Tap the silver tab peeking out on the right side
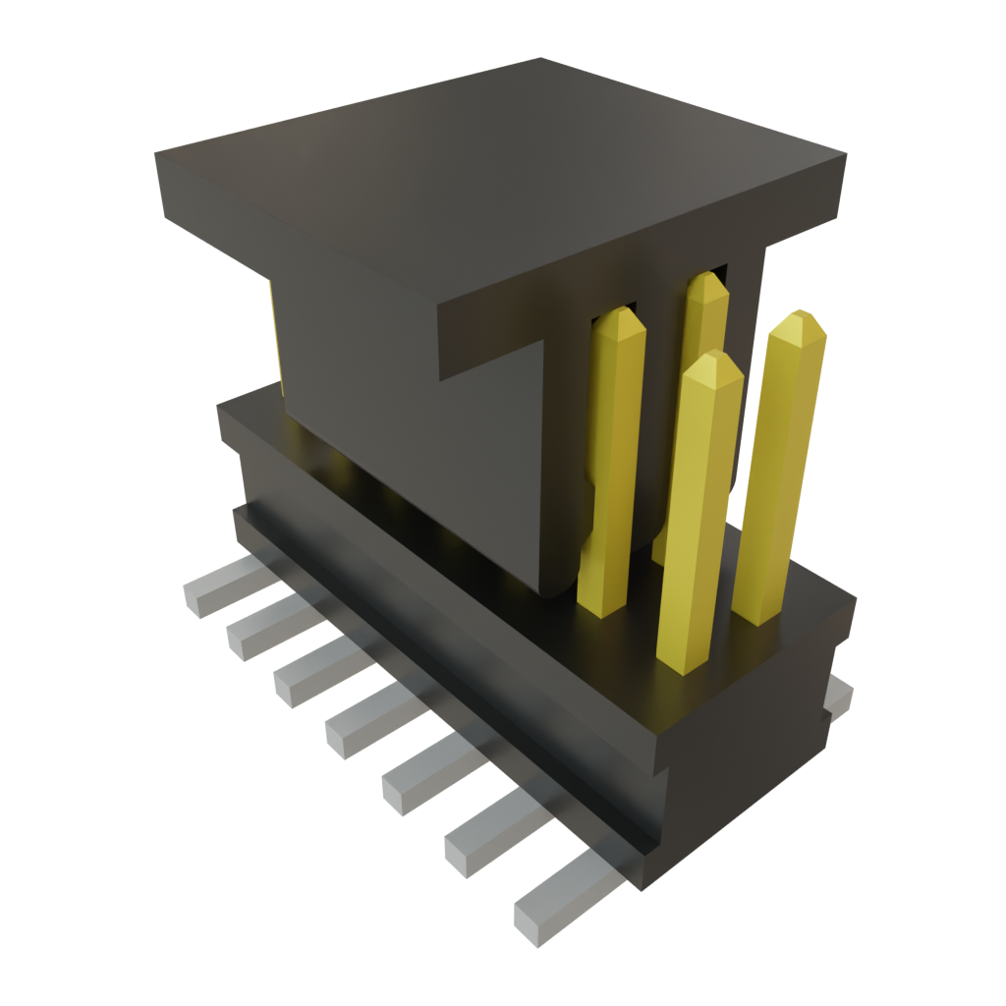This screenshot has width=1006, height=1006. pos(837,698)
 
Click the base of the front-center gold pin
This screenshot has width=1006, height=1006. pos(683,658)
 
